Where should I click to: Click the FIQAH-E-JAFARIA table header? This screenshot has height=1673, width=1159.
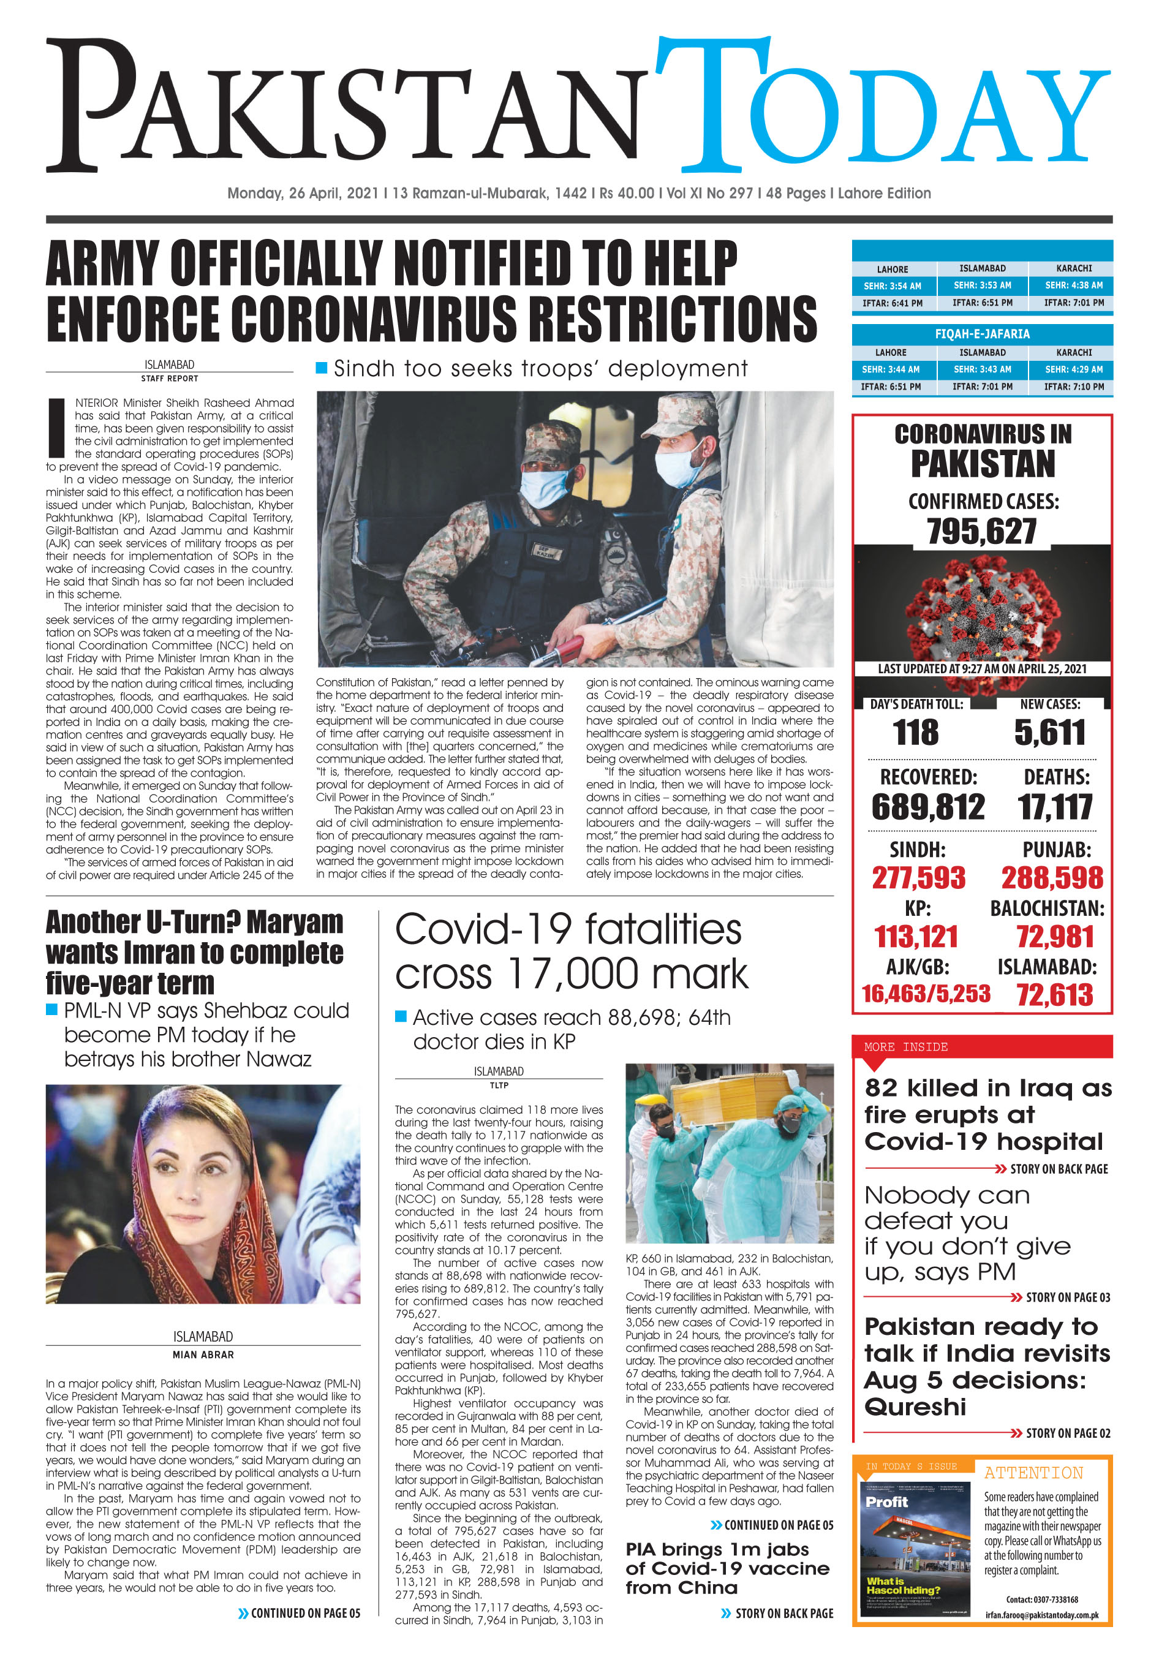point(982,334)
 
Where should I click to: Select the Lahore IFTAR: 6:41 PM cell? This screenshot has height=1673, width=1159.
point(892,303)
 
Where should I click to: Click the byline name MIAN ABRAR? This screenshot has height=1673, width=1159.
point(203,1354)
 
